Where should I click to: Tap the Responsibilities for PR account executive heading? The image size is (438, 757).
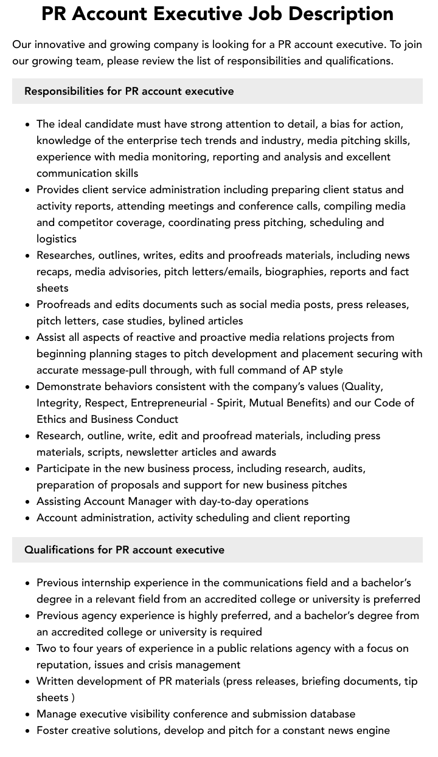click(129, 91)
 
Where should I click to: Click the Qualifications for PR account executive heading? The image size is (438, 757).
click(124, 550)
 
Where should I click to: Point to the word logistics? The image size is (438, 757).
click(57, 239)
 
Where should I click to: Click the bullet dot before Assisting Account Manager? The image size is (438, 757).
click(28, 502)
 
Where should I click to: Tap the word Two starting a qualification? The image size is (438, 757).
click(47, 648)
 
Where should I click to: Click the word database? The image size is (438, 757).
click(332, 714)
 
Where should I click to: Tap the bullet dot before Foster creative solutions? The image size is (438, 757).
click(28, 731)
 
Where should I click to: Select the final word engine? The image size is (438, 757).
click(372, 730)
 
